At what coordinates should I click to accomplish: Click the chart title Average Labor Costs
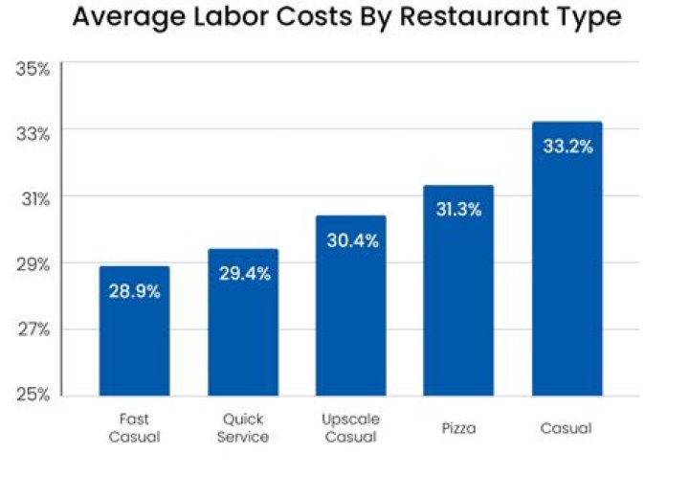[x=346, y=18]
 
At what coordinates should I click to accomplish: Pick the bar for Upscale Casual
[x=351, y=306]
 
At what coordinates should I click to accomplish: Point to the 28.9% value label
[x=134, y=291]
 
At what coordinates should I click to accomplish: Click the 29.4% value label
[x=243, y=274]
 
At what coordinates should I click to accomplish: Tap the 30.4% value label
[x=351, y=240]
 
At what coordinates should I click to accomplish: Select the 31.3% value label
[x=458, y=210]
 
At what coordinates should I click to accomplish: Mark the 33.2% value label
[x=567, y=147]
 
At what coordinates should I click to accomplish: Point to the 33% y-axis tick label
[x=33, y=133]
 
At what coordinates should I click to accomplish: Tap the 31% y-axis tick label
[x=33, y=198]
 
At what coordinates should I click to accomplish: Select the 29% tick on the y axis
[x=33, y=263]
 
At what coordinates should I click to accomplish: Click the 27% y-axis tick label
[x=33, y=329]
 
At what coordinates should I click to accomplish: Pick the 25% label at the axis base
[x=33, y=395]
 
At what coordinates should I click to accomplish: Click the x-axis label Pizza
[x=458, y=428]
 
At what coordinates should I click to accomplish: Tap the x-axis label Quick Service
[x=243, y=428]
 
